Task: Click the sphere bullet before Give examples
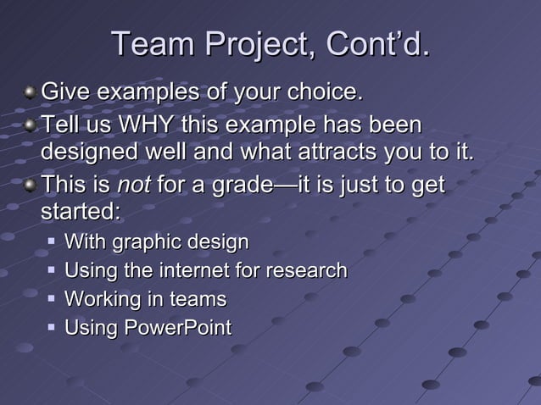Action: coord(31,91)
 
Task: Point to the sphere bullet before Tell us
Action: coord(31,126)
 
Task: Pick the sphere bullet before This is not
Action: coord(31,185)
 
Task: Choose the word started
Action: coord(81,210)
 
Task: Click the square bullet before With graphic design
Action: coord(53,242)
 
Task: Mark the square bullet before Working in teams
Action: coord(53,299)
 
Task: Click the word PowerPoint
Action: coord(178,327)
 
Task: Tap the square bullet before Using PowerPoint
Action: coord(53,327)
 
